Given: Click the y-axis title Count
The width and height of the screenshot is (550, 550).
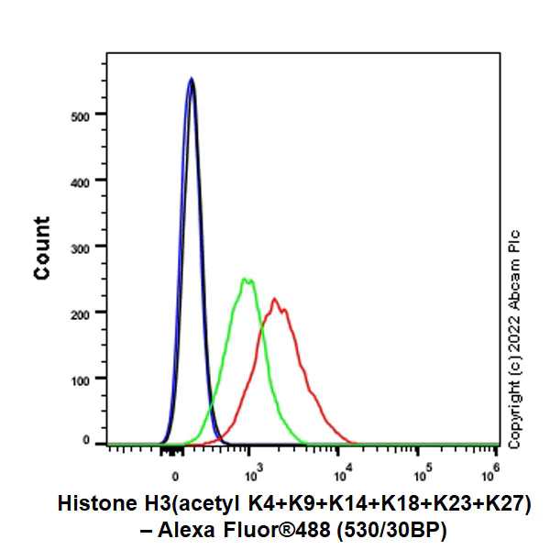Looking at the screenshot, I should [x=42, y=247].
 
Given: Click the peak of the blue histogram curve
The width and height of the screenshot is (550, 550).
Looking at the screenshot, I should [x=191, y=79].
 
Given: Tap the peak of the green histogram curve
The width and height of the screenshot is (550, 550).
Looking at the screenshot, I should [x=246, y=279].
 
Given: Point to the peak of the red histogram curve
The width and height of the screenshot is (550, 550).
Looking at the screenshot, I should [x=274, y=298].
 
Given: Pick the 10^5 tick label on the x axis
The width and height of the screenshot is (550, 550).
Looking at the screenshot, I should [x=423, y=471].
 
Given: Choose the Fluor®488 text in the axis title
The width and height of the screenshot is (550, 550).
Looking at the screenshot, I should [x=270, y=529].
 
